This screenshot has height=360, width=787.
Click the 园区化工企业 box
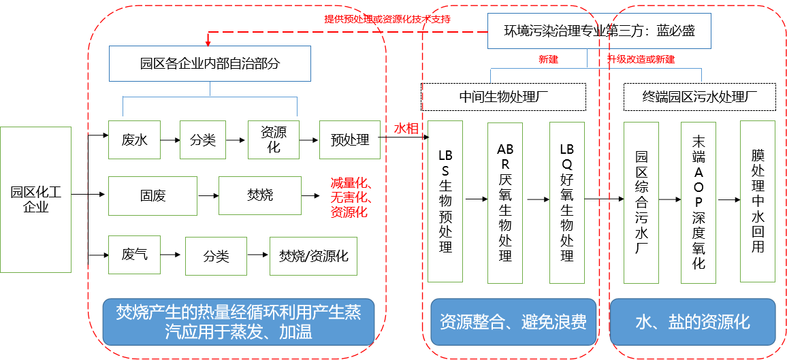tap(35, 199)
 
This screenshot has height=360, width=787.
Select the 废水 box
tap(134, 140)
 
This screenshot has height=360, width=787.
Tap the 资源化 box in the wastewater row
tap(273, 140)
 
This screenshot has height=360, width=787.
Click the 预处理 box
tap(349, 140)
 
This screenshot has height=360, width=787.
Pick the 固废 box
tap(152, 196)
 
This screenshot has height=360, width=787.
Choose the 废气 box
tap(134, 255)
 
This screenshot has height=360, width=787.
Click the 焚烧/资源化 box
tap(313, 256)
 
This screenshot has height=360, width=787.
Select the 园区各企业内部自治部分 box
tap(210, 64)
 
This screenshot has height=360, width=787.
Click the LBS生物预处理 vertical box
tap(445, 201)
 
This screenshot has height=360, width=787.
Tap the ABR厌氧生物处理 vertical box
tap(504, 202)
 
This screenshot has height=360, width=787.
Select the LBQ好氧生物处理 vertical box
tap(566, 202)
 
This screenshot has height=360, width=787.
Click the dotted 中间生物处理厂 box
tap(503, 97)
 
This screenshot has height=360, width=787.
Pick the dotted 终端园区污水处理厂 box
tap(700, 97)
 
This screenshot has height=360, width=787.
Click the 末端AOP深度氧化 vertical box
tap(698, 202)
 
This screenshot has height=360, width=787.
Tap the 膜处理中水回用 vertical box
tap(757, 202)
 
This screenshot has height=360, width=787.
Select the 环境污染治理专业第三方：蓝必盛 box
tap(599, 31)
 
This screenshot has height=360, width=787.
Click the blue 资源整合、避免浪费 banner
tap(513, 321)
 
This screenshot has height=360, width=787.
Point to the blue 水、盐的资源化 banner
tap(692, 321)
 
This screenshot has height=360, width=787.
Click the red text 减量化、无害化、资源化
tap(350, 197)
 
